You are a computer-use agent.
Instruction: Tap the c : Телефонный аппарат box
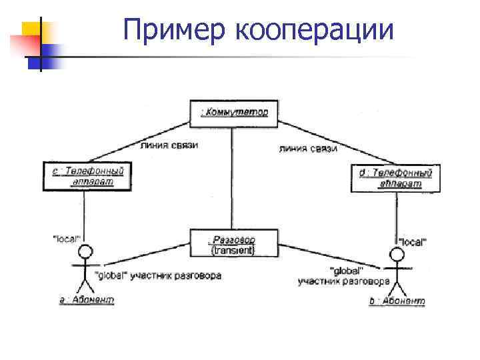83,177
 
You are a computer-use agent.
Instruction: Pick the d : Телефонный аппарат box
395,178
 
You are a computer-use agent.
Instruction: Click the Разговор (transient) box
232,243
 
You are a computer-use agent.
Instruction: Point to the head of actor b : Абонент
397,255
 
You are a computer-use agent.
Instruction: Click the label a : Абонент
87,300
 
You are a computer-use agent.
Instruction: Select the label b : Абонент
397,301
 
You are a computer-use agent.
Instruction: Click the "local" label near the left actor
66,238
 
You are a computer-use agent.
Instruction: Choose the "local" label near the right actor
413,241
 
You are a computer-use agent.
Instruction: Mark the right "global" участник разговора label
344,276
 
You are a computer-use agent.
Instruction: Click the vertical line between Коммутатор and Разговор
232,177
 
